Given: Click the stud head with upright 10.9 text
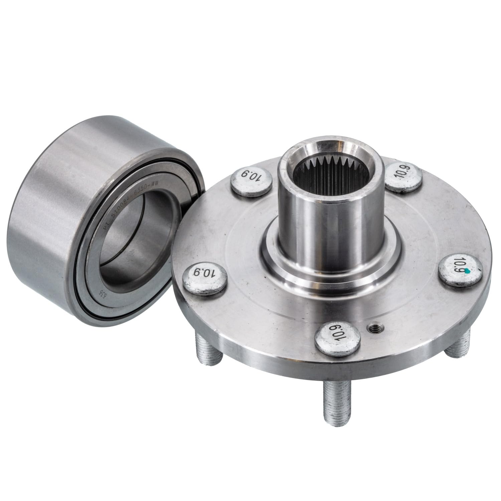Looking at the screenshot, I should [x=402, y=177].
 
